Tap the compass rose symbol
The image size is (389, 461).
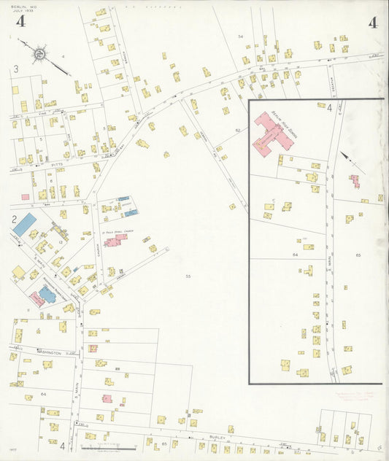(x=41, y=53)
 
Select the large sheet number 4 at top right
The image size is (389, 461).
(x=372, y=22)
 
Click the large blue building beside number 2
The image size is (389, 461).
(x=24, y=224)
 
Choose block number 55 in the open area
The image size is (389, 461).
(x=188, y=276)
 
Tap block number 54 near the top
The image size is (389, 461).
(x=239, y=36)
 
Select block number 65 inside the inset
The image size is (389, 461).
(x=358, y=255)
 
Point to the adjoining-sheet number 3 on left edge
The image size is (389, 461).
(x=15, y=70)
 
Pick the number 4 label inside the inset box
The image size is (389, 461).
(x=329, y=109)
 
